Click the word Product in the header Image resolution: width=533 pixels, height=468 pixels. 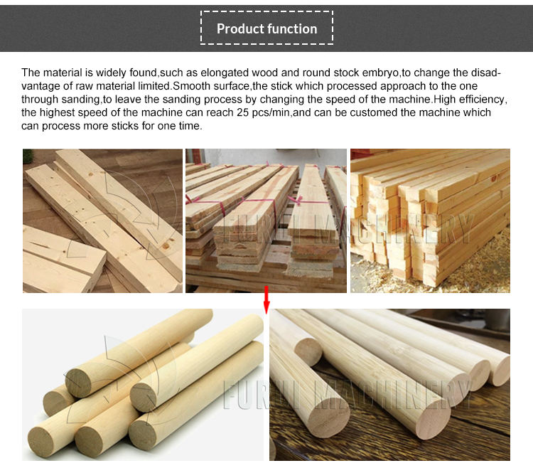coord(237,29)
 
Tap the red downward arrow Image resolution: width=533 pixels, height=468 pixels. coord(266,299)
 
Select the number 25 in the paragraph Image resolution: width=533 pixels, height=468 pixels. coord(243,112)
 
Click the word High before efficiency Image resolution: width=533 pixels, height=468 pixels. coord(445,100)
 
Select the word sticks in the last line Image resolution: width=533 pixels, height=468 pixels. coord(125,126)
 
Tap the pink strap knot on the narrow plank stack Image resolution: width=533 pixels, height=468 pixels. coord(299,200)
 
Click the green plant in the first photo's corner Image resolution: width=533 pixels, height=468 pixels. coord(28,156)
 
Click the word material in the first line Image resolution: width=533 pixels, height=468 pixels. coord(63,73)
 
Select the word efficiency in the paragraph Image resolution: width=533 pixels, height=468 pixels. coord(482,100)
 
